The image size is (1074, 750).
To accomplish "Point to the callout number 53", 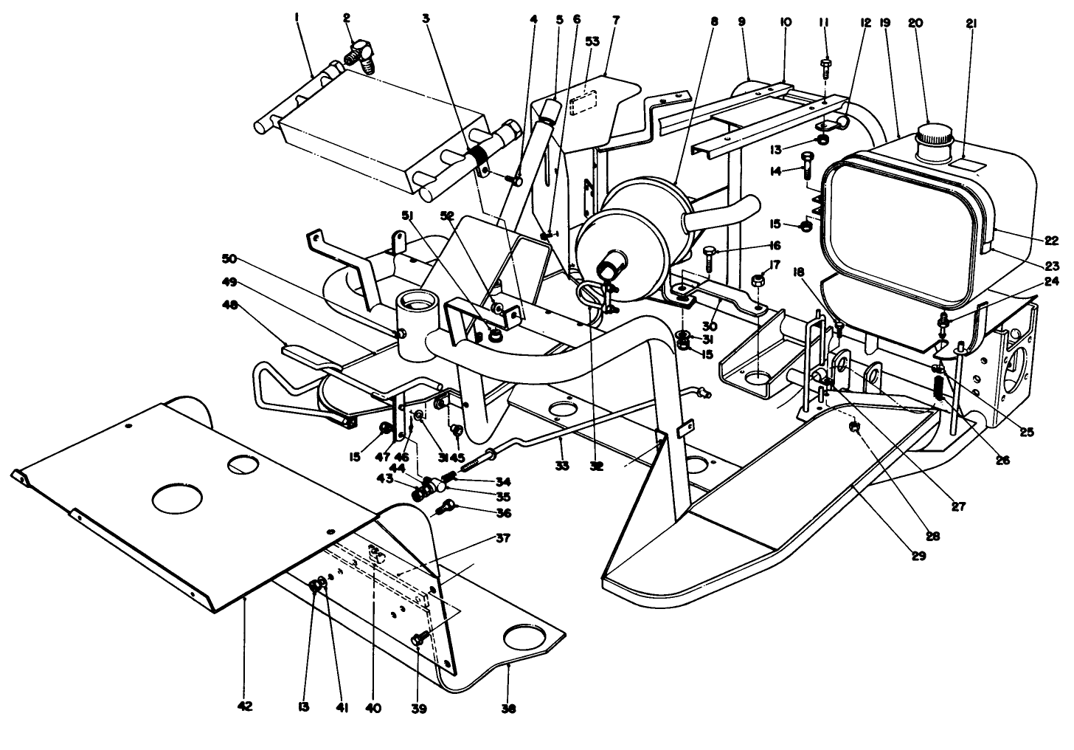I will (592, 42).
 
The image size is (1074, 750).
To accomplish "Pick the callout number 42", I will (245, 706).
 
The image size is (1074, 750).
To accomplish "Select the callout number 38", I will (508, 709).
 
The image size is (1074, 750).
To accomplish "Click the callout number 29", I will (918, 556).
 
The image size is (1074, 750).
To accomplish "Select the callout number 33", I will (562, 466).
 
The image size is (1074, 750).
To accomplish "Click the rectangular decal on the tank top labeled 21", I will (972, 162).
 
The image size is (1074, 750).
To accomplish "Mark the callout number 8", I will (713, 23).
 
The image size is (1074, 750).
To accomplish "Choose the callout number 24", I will (1051, 281).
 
